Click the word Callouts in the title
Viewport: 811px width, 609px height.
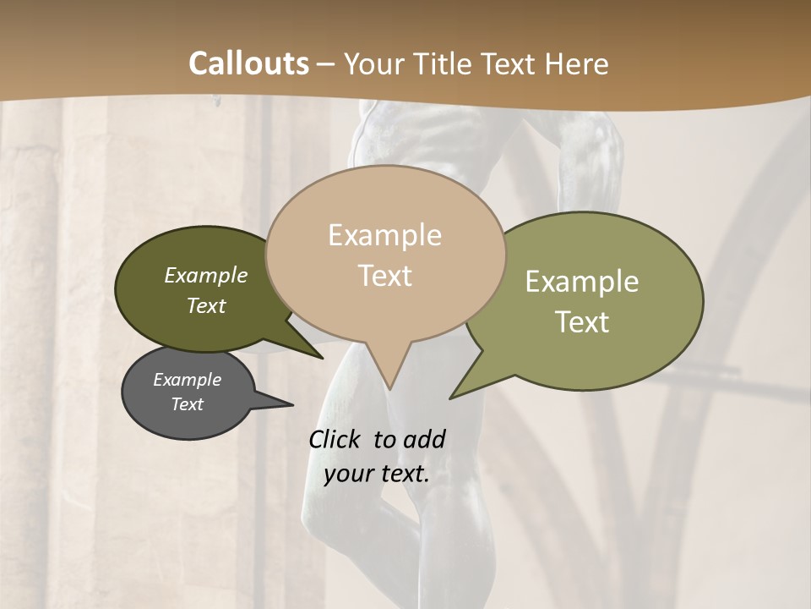click(x=248, y=63)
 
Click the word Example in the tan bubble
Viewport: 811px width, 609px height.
click(x=384, y=235)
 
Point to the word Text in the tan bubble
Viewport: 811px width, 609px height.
click(x=384, y=276)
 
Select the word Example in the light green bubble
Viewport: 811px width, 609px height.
click(x=581, y=282)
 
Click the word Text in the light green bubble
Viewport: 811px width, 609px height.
click(x=581, y=322)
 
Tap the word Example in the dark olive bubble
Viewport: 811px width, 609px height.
click(x=205, y=275)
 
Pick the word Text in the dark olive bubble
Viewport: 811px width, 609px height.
click(x=205, y=305)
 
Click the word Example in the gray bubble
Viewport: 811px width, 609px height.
click(x=187, y=380)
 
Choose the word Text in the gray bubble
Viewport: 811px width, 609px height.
click(x=187, y=404)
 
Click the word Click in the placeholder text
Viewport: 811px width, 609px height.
click(x=335, y=439)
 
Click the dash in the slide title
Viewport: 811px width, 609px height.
click(x=327, y=63)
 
